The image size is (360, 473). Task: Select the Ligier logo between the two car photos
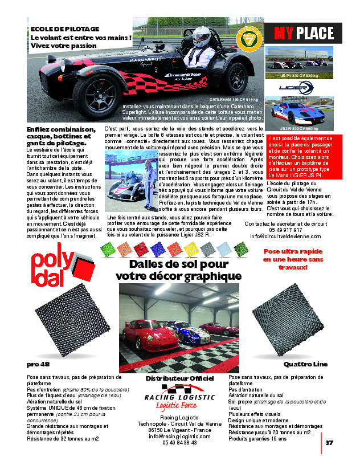296,88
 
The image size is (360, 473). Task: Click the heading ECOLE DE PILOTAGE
65,28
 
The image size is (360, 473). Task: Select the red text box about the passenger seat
304,157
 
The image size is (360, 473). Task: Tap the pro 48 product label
38,364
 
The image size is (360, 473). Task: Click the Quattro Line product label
305,364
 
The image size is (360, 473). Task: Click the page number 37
329,442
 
